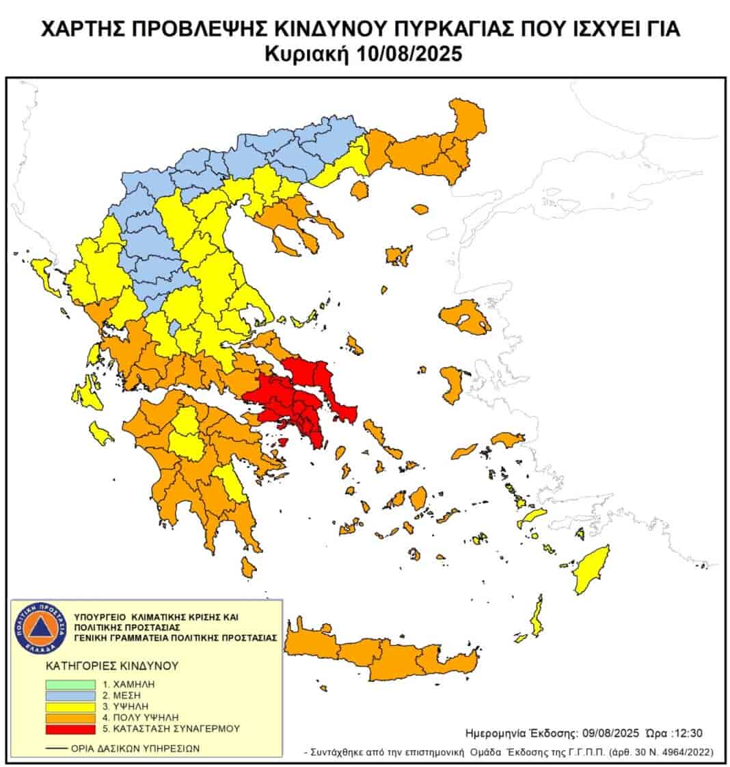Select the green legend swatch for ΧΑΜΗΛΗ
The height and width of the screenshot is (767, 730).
[x=70, y=684]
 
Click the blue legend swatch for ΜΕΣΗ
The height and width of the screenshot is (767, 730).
[x=70, y=694]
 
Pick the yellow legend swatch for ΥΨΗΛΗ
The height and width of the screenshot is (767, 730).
[x=70, y=706]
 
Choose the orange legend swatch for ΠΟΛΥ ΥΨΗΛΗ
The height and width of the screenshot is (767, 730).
[x=70, y=718]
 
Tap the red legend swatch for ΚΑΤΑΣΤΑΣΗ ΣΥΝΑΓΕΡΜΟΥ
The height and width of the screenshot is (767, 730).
[x=70, y=729]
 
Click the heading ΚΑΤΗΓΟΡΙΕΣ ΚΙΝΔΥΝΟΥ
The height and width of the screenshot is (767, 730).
[x=111, y=664]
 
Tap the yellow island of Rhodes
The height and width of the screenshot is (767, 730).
[x=592, y=569]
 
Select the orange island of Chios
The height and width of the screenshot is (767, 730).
[x=452, y=383]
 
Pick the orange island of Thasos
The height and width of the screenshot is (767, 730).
[x=359, y=190]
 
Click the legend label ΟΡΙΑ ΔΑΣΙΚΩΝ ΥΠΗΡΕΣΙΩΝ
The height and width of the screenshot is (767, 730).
[x=135, y=748]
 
